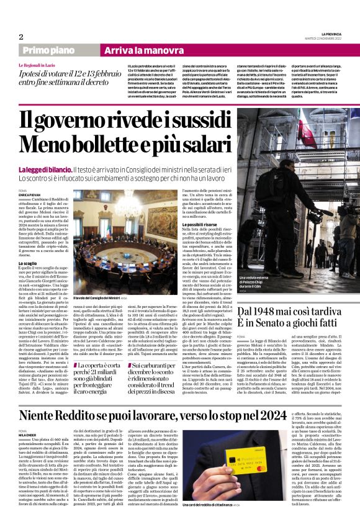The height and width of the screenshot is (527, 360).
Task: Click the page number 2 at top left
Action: click(20, 37)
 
